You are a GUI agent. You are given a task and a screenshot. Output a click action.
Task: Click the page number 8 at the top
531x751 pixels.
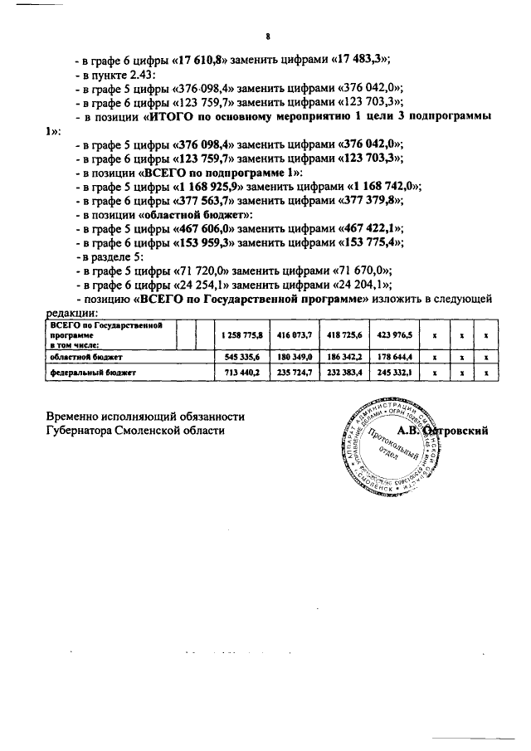[x=268, y=36]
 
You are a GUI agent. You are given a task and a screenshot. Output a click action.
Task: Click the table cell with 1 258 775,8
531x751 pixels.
[x=241, y=335]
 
